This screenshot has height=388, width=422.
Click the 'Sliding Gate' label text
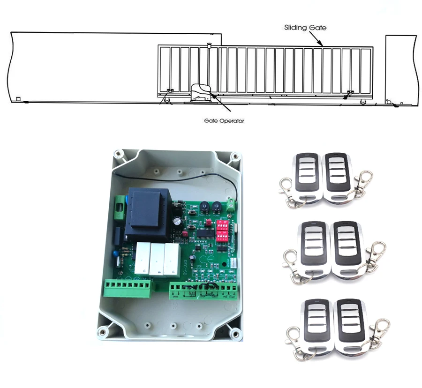pyautogui.click(x=305, y=28)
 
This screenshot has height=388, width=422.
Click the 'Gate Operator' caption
pyautogui.click(x=224, y=120)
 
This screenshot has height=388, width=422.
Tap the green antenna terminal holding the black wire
pyautogui.click(x=230, y=203)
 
